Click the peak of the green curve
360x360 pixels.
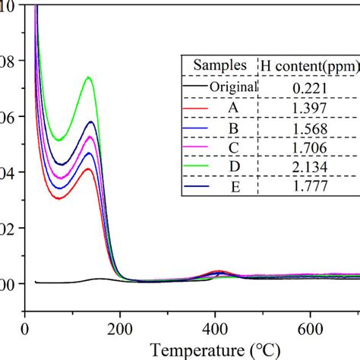coord(90,77)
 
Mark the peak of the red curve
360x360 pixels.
coord(89,169)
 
